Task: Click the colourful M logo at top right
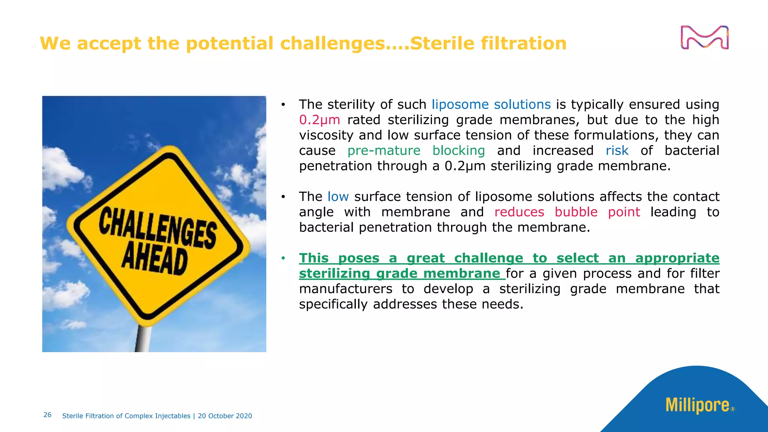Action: pyautogui.click(x=704, y=37)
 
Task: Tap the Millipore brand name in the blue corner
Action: pyautogui.click(x=697, y=405)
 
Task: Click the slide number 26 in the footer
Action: pyautogui.click(x=47, y=415)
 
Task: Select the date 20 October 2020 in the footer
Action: pyautogui.click(x=225, y=416)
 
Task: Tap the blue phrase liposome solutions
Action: pyautogui.click(x=491, y=105)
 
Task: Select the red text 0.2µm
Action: pyautogui.click(x=319, y=120)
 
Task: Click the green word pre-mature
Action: pyautogui.click(x=384, y=151)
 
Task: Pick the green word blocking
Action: pyautogui.click(x=458, y=151)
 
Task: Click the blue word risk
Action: pyautogui.click(x=617, y=151)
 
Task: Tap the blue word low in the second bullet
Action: pyautogui.click(x=338, y=197)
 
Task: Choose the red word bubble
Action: pyautogui.click(x=576, y=212)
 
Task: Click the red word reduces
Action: pyautogui.click(x=519, y=212)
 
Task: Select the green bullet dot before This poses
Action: pyautogui.click(x=283, y=258)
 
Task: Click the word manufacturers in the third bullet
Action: pyautogui.click(x=345, y=289)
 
